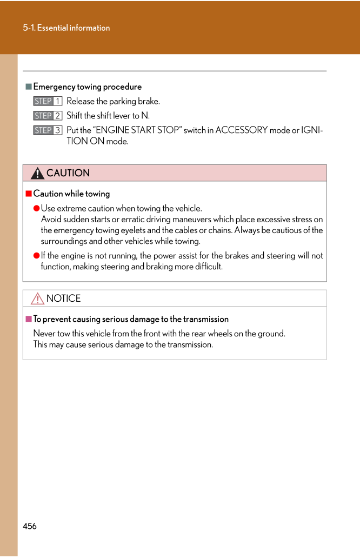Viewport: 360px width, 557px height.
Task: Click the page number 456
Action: tap(30, 526)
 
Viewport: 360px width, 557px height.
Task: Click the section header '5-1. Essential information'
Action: tap(66, 28)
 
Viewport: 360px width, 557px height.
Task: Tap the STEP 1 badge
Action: tap(48, 101)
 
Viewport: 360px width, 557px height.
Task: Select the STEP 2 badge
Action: tap(48, 116)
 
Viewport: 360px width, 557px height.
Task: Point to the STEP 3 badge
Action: tap(48, 130)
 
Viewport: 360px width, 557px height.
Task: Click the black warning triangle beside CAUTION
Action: tap(37, 174)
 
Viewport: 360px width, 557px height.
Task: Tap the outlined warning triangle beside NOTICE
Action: tap(37, 299)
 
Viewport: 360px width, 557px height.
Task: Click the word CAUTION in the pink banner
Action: tap(68, 173)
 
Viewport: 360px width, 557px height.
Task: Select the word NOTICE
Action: tap(64, 299)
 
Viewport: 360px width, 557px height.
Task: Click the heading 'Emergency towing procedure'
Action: tap(88, 87)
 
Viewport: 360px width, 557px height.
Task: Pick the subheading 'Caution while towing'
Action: tap(71, 194)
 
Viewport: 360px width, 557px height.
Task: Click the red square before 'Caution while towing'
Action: tap(29, 194)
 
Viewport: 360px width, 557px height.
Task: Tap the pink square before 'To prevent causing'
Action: tap(29, 319)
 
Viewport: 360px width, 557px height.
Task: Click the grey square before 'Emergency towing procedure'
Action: tap(29, 87)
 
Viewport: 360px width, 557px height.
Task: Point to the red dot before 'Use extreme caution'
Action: tap(37, 208)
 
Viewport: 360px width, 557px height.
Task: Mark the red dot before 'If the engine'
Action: tap(37, 256)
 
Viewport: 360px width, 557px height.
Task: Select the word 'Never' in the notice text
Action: tap(44, 334)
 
